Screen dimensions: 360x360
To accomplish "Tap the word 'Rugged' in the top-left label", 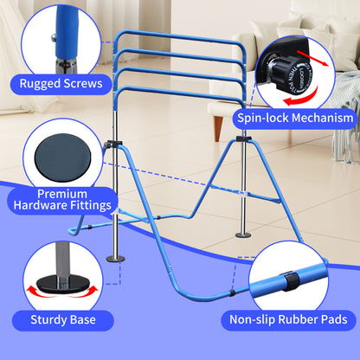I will click(37, 85).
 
